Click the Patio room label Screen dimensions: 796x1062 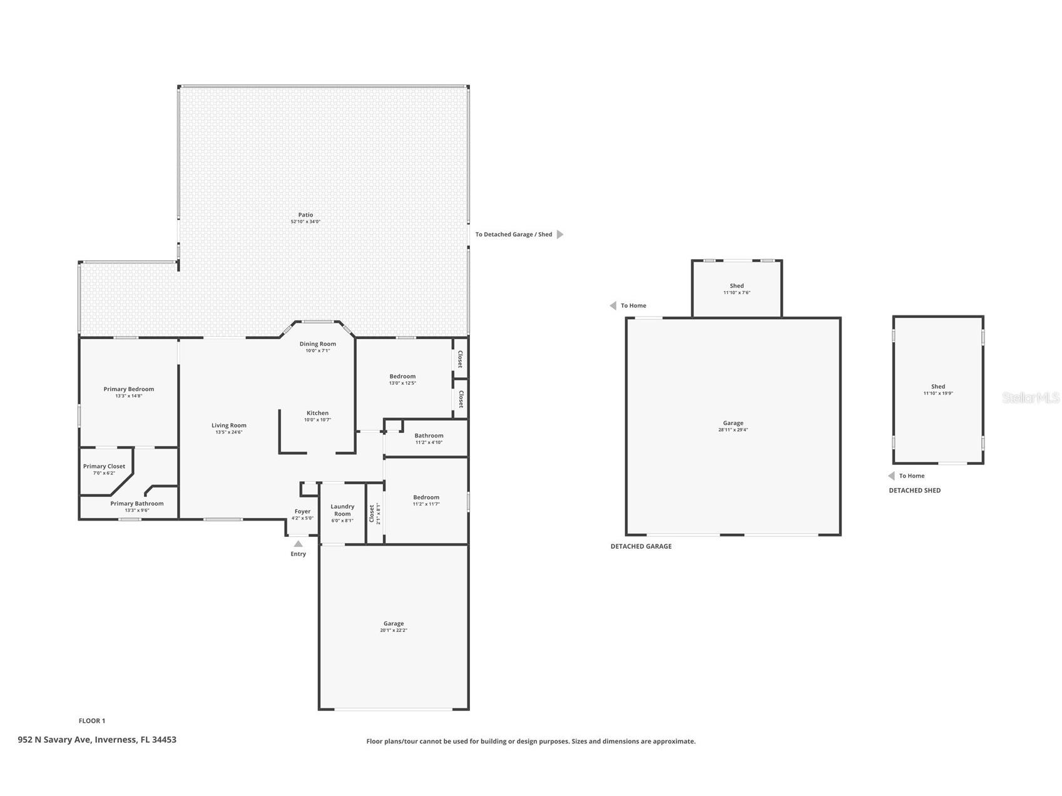305,215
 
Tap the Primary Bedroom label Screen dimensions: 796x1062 128,389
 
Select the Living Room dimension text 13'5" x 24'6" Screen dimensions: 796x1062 228,432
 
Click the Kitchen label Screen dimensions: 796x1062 317,413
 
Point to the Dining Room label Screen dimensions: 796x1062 317,344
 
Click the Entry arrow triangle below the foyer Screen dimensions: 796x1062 298,544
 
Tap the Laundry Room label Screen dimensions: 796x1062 342,510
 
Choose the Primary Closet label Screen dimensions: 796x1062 104,466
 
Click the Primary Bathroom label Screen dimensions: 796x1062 136,504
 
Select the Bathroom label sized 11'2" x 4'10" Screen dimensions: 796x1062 429,436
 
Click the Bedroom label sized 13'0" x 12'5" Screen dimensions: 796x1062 402,377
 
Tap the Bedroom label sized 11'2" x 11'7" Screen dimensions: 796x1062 426,497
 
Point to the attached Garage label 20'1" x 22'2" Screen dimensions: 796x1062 393,624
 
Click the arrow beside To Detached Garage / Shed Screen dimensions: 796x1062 560,235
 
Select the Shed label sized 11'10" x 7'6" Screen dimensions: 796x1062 737,286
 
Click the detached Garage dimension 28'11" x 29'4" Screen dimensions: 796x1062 733,430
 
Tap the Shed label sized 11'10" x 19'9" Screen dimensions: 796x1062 937,387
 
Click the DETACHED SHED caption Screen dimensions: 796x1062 914,491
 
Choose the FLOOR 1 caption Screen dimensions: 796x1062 92,721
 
